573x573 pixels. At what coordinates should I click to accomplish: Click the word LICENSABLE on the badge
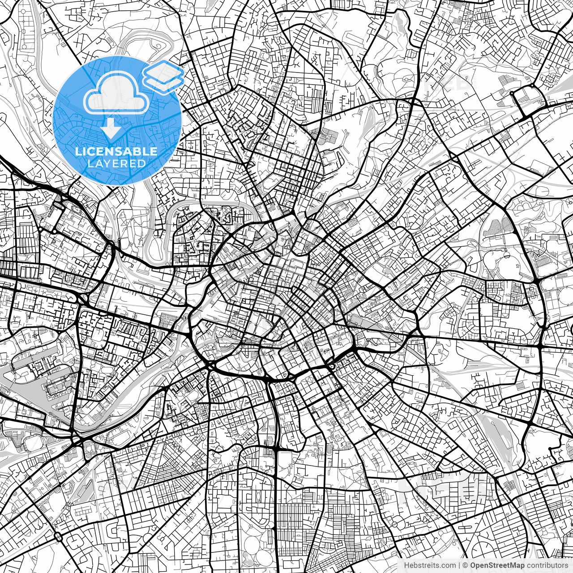point(116,151)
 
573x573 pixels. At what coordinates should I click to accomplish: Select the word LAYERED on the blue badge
point(116,163)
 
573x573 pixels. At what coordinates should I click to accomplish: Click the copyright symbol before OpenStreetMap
point(465,565)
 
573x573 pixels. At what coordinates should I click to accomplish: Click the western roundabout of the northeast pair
point(512,93)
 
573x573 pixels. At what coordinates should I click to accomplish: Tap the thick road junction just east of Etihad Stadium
point(536,281)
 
